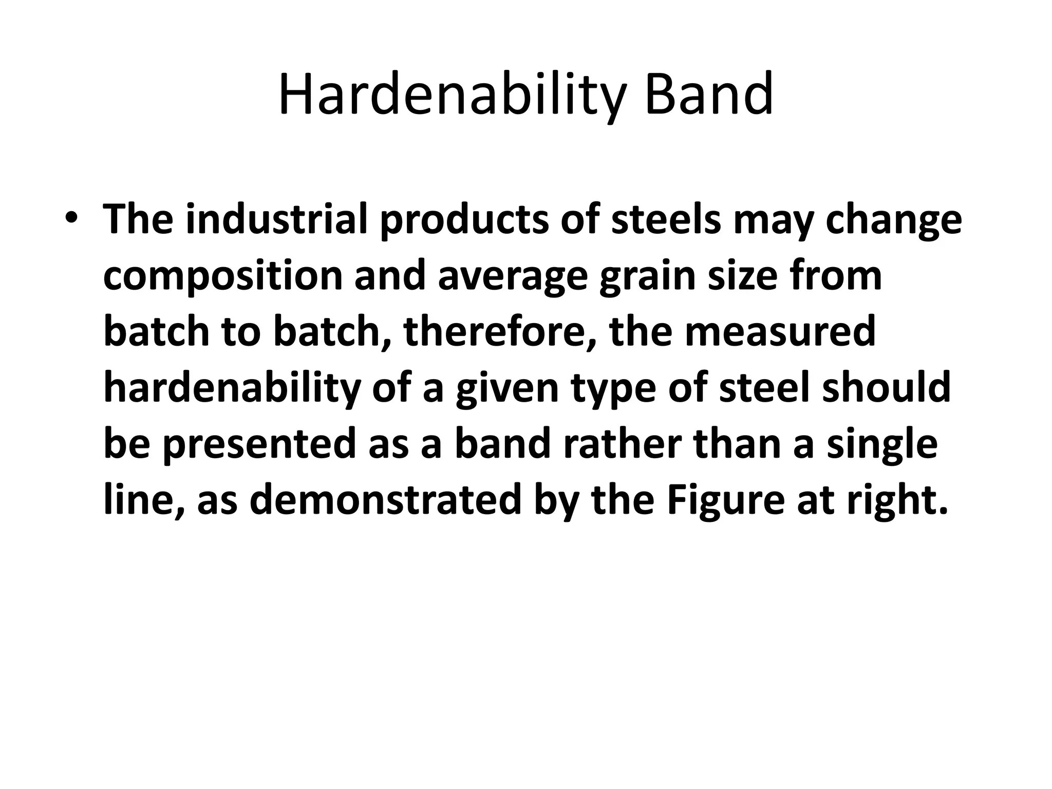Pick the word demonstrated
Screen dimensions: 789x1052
coord(385,500)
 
